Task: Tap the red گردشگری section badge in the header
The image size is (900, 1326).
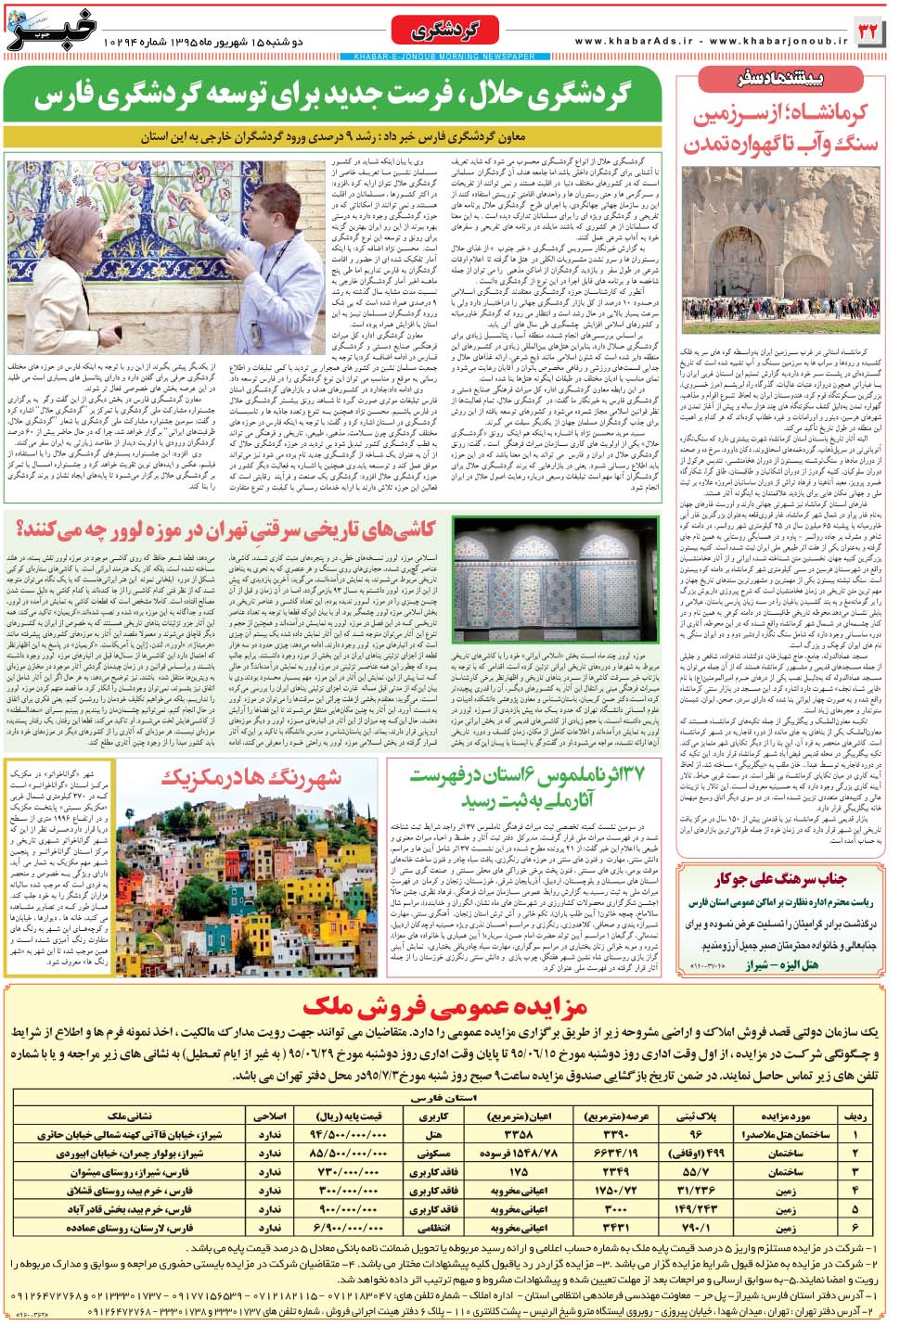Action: (445, 32)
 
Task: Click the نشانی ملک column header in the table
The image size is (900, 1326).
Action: (131, 1116)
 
